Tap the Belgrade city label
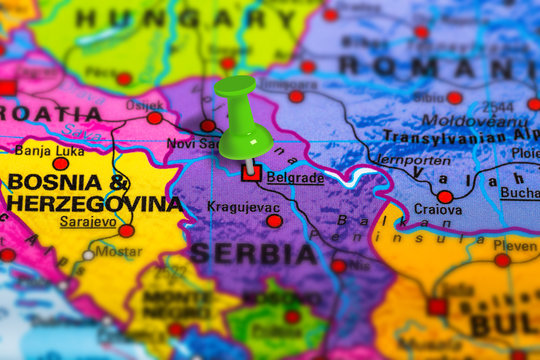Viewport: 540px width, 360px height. click(295, 177)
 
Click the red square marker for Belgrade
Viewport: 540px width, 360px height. click(251, 173)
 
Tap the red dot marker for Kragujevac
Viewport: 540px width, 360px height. click(274, 221)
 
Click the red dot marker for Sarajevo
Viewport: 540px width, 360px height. click(126, 231)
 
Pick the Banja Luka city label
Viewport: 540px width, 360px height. click(47, 151)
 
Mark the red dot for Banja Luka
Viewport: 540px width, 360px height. click(60, 164)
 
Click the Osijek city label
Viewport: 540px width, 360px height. click(143, 105)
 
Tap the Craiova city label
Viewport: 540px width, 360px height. click(438, 211)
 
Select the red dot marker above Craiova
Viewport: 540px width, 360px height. click(444, 197)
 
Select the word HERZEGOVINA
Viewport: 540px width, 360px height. click(95, 203)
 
